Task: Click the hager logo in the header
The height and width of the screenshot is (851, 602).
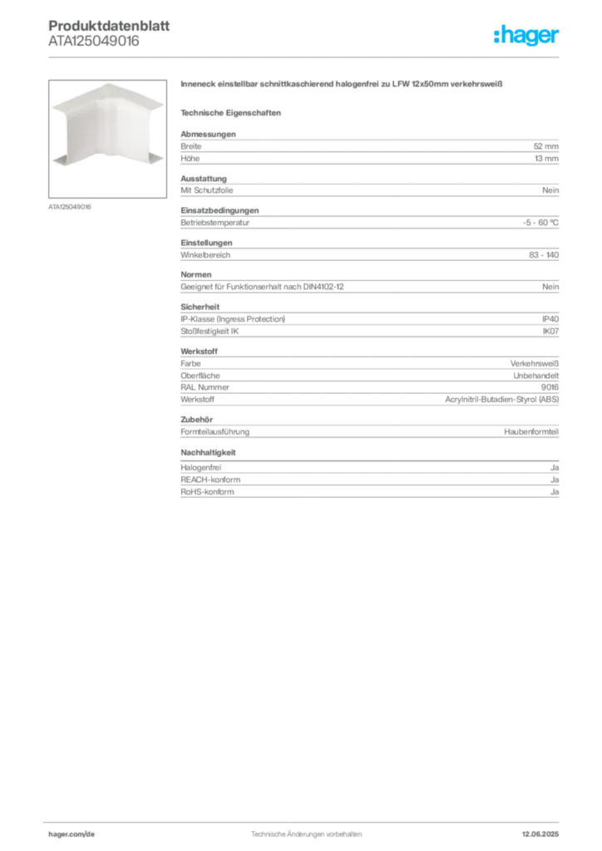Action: click(526, 35)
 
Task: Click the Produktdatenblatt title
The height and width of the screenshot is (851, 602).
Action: click(109, 26)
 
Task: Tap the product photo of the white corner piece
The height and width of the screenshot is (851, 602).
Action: click(107, 139)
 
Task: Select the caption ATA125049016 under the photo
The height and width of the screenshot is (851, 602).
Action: click(70, 207)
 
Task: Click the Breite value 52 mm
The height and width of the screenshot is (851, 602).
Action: click(545, 146)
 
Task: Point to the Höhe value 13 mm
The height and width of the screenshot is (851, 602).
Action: click(546, 159)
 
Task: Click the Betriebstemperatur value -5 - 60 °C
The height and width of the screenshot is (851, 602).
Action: click(540, 223)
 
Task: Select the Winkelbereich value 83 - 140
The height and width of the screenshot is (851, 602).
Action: click(543, 254)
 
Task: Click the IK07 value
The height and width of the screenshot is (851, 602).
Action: click(550, 331)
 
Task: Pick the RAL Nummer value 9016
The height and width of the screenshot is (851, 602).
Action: click(550, 387)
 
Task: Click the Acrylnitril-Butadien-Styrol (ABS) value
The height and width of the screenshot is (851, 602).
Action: click(501, 399)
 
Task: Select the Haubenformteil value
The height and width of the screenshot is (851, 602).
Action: click(530, 431)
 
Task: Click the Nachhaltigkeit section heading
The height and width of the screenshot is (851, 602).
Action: click(208, 452)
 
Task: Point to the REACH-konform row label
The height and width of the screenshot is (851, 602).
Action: click(210, 480)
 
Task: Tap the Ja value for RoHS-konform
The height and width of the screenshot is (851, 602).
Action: click(555, 492)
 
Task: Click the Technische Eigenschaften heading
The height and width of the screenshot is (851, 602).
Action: click(230, 113)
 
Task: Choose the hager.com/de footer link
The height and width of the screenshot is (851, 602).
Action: click(72, 834)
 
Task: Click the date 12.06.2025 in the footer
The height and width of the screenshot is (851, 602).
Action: click(540, 834)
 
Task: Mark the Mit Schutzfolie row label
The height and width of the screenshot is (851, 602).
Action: click(207, 190)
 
